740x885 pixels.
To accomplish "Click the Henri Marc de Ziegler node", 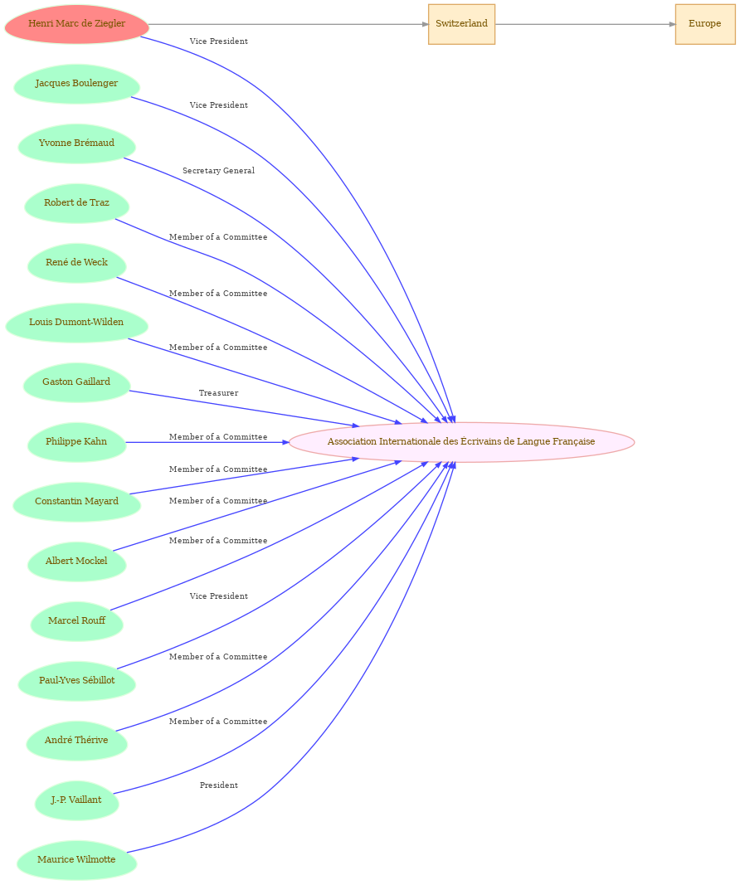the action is pyautogui.click(x=77, y=24).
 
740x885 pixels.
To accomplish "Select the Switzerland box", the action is pyautogui.click(x=461, y=24).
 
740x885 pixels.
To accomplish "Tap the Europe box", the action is pyautogui.click(x=705, y=24).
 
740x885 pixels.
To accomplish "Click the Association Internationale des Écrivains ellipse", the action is pyautogui.click(x=461, y=442).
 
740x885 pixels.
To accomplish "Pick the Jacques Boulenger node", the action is pyautogui.click(x=77, y=84).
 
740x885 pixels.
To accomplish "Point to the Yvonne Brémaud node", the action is pyautogui.click(x=77, y=143).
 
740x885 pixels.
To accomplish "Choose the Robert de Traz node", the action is pyautogui.click(x=77, y=203).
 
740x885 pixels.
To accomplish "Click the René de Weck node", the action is pyautogui.click(x=77, y=263).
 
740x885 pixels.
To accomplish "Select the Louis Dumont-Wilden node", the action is pyautogui.click(x=77, y=323).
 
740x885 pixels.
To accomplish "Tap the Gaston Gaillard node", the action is pyautogui.click(x=77, y=382).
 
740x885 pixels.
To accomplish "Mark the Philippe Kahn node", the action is pyautogui.click(x=77, y=442).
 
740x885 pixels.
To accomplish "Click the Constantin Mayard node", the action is pyautogui.click(x=77, y=502).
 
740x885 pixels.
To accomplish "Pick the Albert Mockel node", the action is pyautogui.click(x=77, y=562).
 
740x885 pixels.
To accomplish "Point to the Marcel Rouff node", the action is pyautogui.click(x=77, y=621).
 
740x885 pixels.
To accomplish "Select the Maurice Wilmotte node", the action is pyautogui.click(x=77, y=860).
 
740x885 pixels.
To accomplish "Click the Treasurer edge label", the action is pyautogui.click(x=218, y=393).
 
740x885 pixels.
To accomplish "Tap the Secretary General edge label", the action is pyautogui.click(x=218, y=171).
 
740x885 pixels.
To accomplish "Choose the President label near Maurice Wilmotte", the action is pyautogui.click(x=218, y=785).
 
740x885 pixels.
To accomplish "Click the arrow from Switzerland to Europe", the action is pyautogui.click(x=585, y=24).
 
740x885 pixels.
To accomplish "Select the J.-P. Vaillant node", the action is pyautogui.click(x=77, y=800).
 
